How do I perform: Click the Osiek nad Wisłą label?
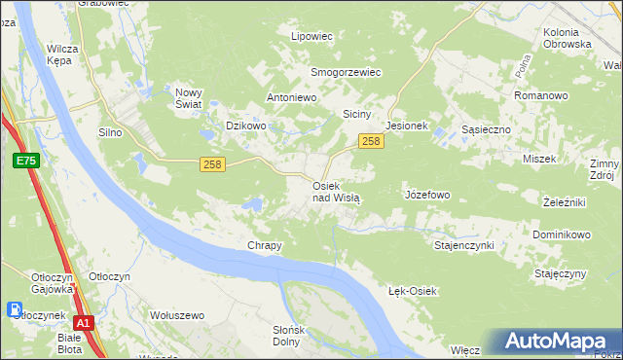pyautogui.click(x=336, y=191)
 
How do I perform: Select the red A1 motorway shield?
pyautogui.click(x=85, y=323)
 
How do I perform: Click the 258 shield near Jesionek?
pyautogui.click(x=370, y=142)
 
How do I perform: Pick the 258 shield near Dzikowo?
pyautogui.click(x=213, y=164)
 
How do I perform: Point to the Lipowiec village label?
pyautogui.click(x=312, y=36)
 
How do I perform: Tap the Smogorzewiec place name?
pyautogui.click(x=346, y=72)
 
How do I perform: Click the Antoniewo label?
pyautogui.click(x=293, y=98)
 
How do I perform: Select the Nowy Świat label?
pyautogui.click(x=188, y=98)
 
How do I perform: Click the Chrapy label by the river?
pyautogui.click(x=265, y=245)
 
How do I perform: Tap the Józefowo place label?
pyautogui.click(x=426, y=195)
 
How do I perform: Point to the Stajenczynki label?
pyautogui.click(x=464, y=245)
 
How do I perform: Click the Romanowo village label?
pyautogui.click(x=540, y=96)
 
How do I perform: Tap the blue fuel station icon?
pyautogui.click(x=16, y=310)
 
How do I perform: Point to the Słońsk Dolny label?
pyautogui.click(x=287, y=336)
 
